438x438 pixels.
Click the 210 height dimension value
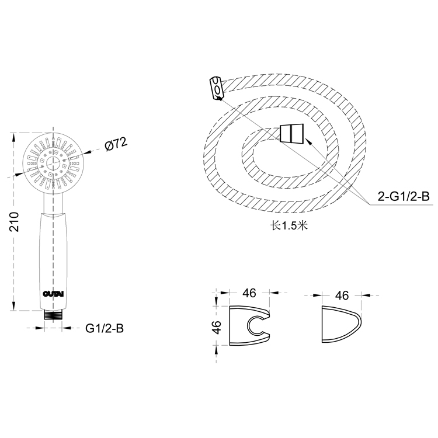click(16, 223)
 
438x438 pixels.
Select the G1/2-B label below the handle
click(105, 329)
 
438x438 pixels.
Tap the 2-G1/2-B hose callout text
click(403, 197)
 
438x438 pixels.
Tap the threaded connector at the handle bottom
click(54, 314)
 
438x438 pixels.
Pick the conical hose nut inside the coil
click(291, 133)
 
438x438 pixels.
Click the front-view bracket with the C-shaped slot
click(248, 326)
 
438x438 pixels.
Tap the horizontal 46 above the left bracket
click(249, 293)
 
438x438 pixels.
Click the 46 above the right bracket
click(342, 296)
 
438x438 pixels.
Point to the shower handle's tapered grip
click(54, 257)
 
